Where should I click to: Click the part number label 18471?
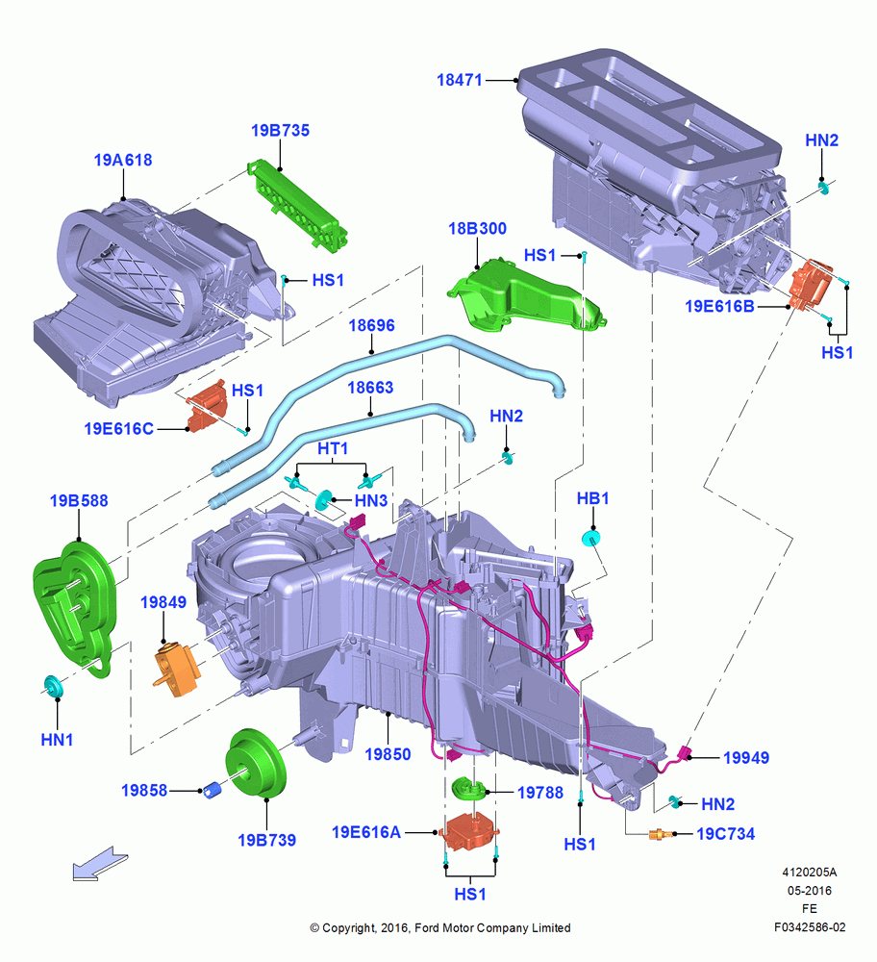coord(460,80)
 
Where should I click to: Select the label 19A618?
coord(123,160)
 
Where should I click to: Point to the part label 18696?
coord(371,326)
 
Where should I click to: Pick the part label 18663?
coord(370,388)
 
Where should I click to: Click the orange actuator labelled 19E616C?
coord(207,406)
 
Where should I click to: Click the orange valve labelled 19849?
coord(176,670)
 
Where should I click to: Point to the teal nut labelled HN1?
coord(52,685)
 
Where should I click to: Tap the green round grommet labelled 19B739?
coord(256,763)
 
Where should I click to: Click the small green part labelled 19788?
coord(468,789)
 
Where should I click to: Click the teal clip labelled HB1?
coord(590,539)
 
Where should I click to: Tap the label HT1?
coord(333,449)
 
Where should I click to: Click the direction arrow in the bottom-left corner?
coord(100,864)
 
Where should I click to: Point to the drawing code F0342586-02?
coord(810,927)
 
